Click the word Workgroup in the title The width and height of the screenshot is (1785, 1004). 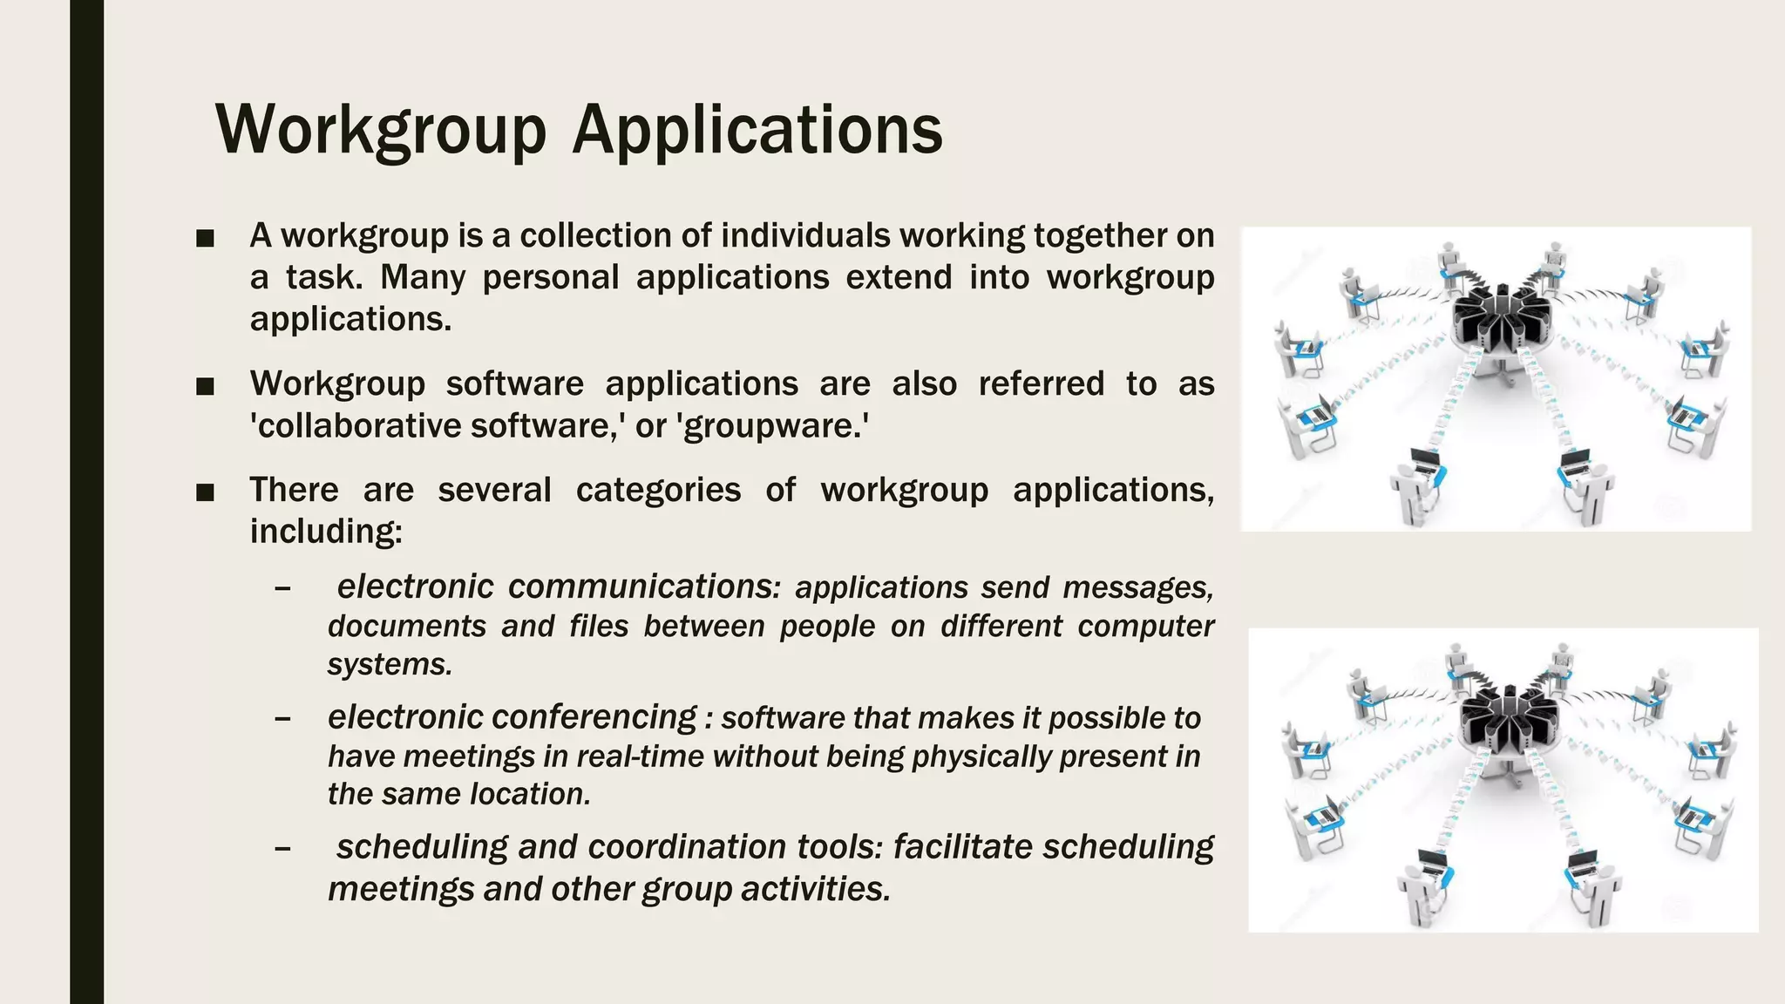coord(381,131)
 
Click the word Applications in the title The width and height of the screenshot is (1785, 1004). coord(757,131)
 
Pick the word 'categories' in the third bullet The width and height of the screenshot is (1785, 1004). coord(658,490)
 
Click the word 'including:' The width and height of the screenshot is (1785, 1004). coord(326,532)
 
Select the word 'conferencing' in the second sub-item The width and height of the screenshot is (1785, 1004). coord(597,717)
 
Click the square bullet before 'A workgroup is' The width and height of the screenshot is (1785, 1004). coord(206,238)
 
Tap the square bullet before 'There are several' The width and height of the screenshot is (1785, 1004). coord(206,492)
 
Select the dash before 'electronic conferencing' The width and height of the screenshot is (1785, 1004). coord(282,719)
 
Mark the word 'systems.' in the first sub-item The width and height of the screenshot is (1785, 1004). coord(390,665)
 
